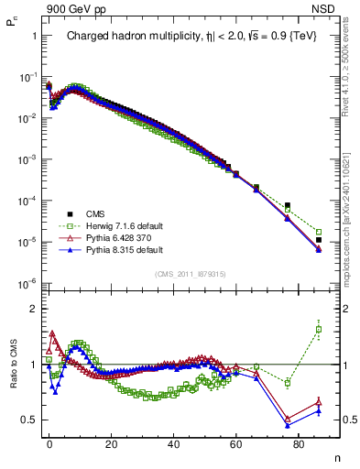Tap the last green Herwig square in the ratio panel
[x=318, y=329]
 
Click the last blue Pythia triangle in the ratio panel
[x=318, y=410]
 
